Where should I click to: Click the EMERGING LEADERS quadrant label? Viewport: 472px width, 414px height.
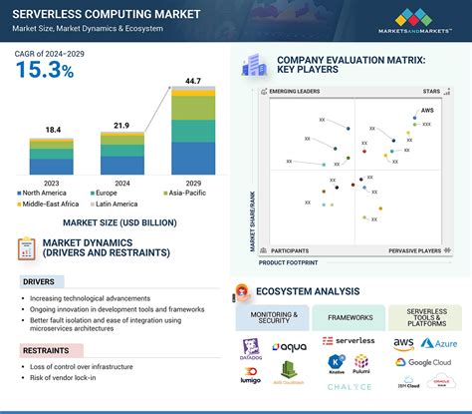[296, 92]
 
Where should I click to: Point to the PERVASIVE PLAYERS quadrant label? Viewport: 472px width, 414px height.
[414, 251]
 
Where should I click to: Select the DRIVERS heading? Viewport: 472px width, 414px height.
[40, 281]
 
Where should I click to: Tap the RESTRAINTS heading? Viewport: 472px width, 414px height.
[47, 350]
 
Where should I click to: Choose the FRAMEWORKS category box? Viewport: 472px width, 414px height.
[349, 318]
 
